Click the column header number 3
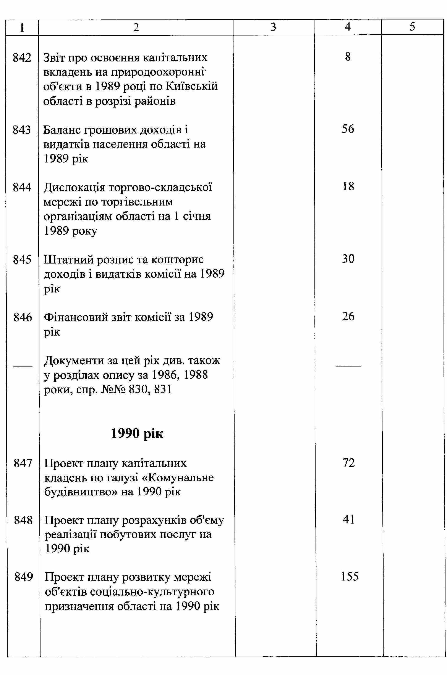pyautogui.click(x=273, y=27)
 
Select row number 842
pyautogui.click(x=22, y=58)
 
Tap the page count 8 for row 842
pyautogui.click(x=348, y=57)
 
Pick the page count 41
pyautogui.click(x=348, y=520)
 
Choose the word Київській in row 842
pyautogui.click(x=191, y=87)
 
